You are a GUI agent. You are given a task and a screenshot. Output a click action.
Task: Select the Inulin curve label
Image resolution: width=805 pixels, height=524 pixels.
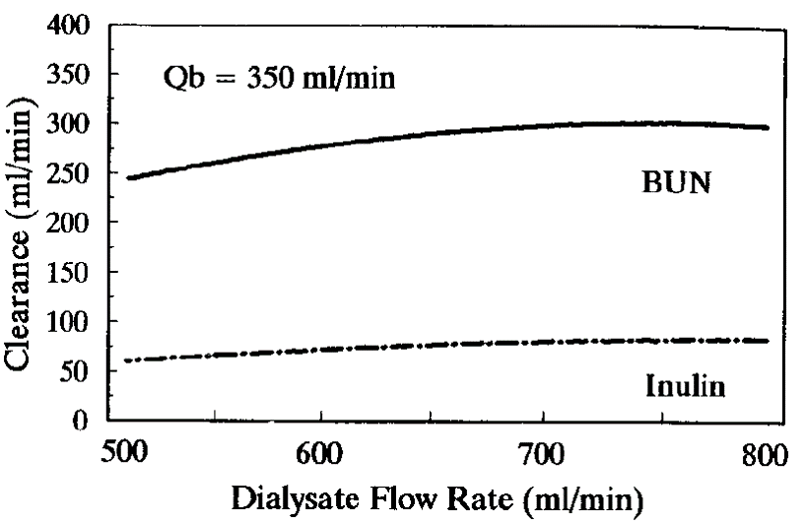coord(685,386)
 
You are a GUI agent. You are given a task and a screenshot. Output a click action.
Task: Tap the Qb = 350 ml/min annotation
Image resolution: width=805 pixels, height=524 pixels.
coord(279,78)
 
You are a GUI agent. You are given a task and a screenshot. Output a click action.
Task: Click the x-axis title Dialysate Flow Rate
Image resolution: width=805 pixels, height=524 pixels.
coord(439,498)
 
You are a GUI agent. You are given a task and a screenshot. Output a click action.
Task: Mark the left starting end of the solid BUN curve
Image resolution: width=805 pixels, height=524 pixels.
coord(128,178)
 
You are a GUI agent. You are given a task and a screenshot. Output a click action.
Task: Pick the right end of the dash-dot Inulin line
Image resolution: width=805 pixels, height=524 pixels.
coord(768,341)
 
